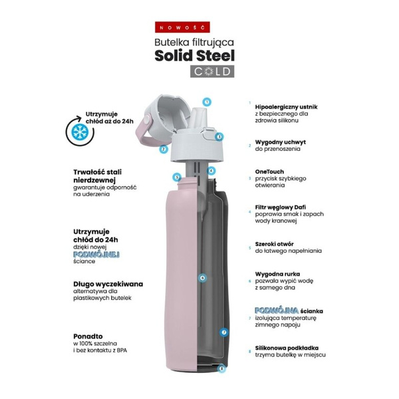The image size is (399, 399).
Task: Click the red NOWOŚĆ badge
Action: coord(193,27)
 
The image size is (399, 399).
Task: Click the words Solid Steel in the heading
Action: coord(194,55)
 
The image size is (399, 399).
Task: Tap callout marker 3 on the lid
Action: coord(219,136)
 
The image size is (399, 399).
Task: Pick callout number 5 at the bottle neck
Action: coord(176,178)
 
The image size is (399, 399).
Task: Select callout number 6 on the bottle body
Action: coord(202,277)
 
